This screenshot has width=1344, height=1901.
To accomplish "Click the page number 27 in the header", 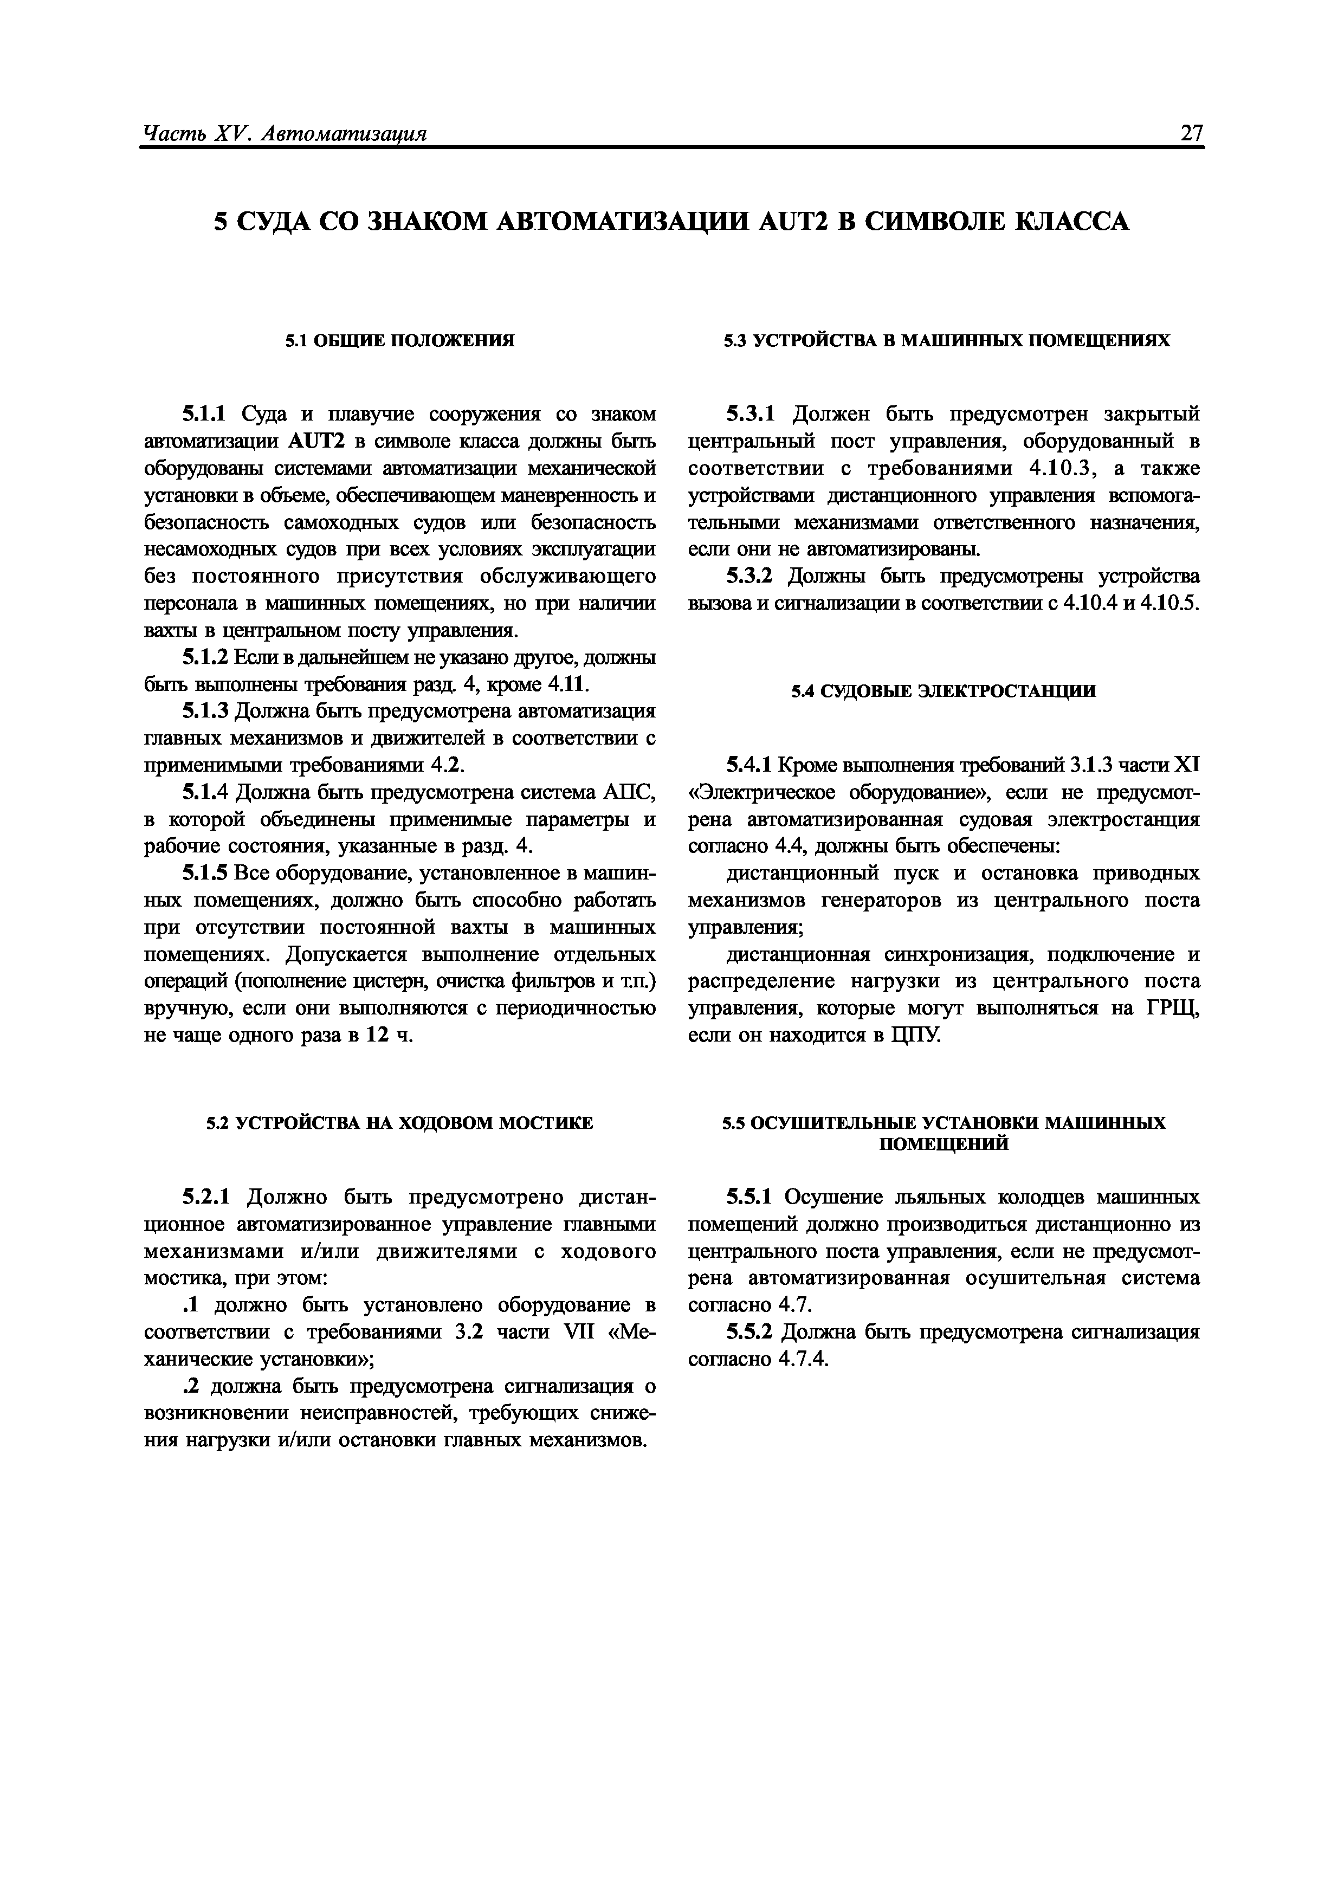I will (1191, 132).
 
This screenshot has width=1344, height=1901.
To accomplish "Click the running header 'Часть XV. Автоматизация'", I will (284, 133).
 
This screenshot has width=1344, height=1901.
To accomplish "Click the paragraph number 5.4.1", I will (748, 765).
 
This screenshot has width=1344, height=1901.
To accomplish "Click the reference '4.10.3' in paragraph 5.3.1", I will (1061, 468).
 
